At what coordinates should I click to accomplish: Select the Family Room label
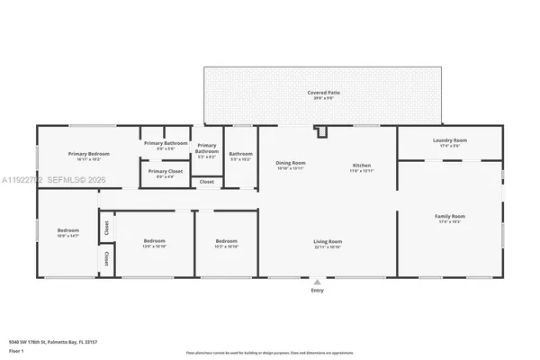(450, 218)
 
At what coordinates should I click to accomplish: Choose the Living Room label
(327, 243)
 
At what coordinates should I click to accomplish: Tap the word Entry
(317, 291)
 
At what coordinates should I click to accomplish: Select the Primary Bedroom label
(88, 156)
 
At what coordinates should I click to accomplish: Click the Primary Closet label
(165, 173)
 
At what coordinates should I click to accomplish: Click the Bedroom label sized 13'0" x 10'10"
(156, 243)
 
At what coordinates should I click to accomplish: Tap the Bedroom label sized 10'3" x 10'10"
(226, 243)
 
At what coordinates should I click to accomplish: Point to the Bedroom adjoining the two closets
(68, 232)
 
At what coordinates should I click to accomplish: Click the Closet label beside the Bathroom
(207, 182)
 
